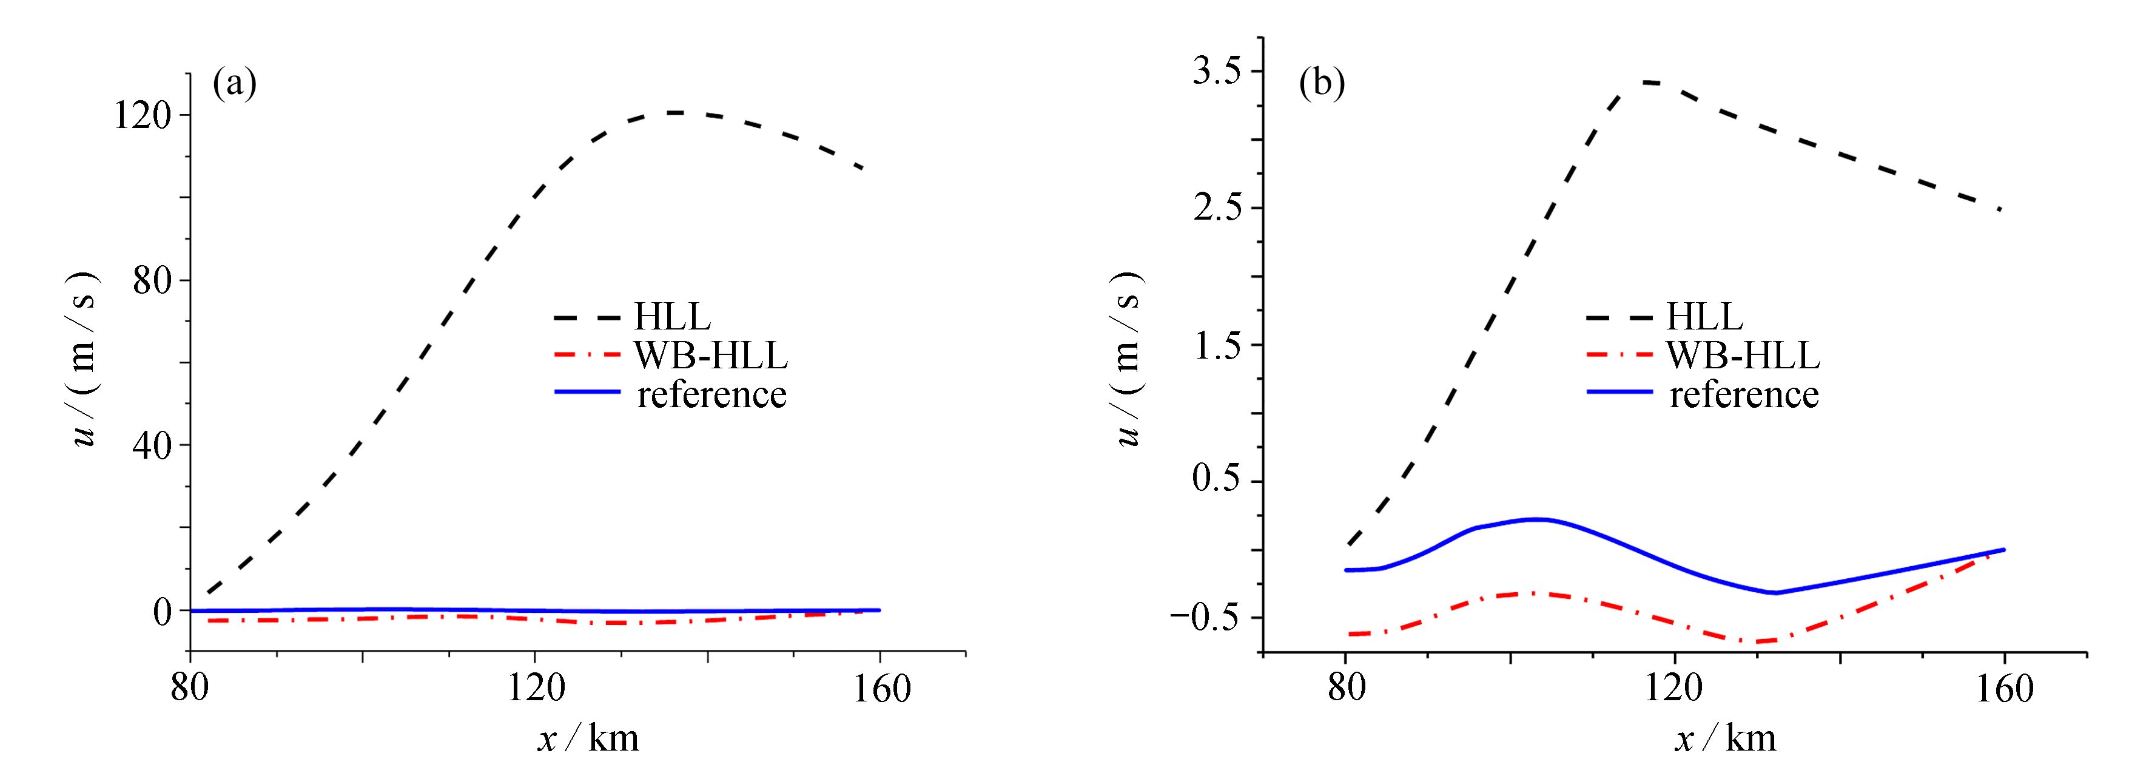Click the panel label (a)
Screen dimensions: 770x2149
[x=234, y=84]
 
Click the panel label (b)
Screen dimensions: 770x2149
[x=1322, y=84]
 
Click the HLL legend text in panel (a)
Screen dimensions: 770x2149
[x=673, y=317]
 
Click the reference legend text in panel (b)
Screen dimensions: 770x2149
[x=1744, y=393]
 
